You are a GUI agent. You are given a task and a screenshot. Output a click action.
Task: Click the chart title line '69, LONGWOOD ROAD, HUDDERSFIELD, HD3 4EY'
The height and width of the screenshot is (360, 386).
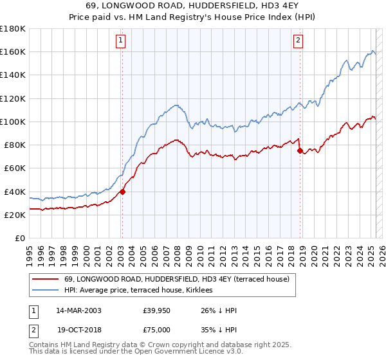click(192, 6)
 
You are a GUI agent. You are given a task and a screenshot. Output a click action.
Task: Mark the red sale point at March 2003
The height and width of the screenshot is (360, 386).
click(122, 191)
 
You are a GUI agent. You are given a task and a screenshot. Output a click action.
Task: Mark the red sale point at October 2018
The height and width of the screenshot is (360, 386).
click(300, 150)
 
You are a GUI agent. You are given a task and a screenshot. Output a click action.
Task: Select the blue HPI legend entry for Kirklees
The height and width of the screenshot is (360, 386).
click(142, 290)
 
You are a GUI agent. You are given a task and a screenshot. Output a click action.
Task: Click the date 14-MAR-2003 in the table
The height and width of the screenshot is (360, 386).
click(78, 310)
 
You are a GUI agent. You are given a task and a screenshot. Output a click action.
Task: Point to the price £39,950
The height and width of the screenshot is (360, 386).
click(156, 310)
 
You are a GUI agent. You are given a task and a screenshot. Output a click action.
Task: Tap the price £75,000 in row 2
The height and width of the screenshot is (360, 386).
click(156, 328)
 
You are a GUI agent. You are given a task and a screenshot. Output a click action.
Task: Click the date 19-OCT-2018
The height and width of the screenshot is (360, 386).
click(78, 328)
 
